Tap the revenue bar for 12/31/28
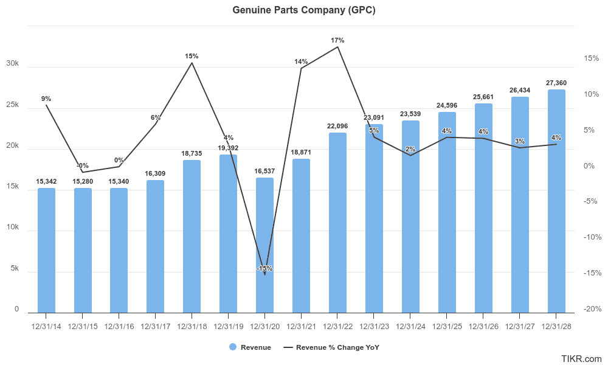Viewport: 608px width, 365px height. pos(556,201)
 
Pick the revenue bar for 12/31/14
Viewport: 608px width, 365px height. pos(46,250)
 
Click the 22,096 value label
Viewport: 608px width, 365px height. pos(337,126)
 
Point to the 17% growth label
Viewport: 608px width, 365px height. pos(337,40)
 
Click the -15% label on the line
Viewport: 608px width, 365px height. pos(264,268)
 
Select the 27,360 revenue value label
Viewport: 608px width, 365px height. pos(556,83)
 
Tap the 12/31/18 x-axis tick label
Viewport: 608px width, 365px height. pos(192,326)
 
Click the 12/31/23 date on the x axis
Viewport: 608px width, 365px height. pos(374,326)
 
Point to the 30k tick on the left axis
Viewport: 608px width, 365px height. pos(12,64)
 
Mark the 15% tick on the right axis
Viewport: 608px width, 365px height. pos(592,58)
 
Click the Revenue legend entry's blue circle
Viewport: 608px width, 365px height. pos(233,347)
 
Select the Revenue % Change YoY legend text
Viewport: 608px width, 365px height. pos(337,347)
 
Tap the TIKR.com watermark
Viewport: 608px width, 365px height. pos(582,359)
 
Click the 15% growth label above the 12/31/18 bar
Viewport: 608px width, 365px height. pos(192,56)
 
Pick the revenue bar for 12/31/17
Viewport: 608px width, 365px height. pos(155,246)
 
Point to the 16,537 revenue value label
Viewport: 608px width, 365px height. pos(264,172)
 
